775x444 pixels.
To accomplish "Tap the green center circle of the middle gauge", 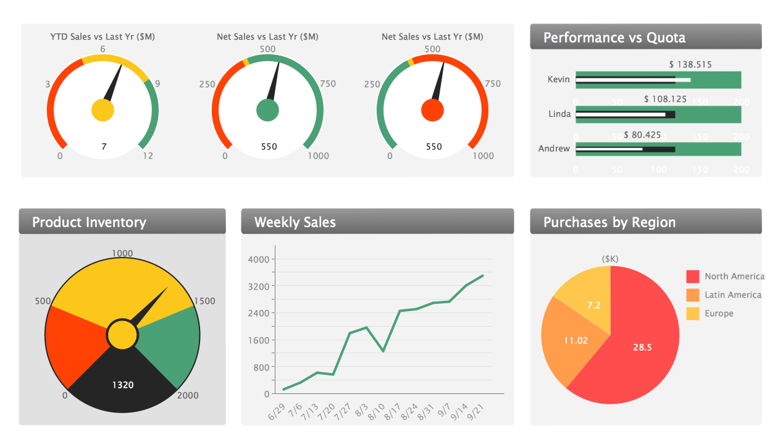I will pyautogui.click(x=267, y=110).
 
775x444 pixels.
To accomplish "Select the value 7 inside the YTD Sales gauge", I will pyautogui.click(x=104, y=146).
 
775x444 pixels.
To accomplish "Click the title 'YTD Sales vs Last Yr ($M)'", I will pyautogui.click(x=103, y=37).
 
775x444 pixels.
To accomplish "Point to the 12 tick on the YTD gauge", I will pyautogui.click(x=148, y=156).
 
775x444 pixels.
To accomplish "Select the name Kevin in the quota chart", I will pyautogui.click(x=558, y=79).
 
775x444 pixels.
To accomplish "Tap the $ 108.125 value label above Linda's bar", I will pyautogui.click(x=665, y=99).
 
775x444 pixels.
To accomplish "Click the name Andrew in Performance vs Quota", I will pyautogui.click(x=554, y=148).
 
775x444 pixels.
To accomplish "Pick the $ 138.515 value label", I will pyautogui.click(x=690, y=64).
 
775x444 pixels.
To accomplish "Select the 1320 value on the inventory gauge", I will pyautogui.click(x=122, y=385).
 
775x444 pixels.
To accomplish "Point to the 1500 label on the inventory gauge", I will pyautogui.click(x=204, y=301).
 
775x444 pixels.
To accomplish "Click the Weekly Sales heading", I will pyautogui.click(x=295, y=222).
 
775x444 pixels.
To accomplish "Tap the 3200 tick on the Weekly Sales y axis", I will pyautogui.click(x=258, y=286).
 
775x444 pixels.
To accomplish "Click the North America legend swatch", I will pyautogui.click(x=693, y=276).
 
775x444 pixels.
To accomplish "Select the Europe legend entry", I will pyautogui.click(x=719, y=313).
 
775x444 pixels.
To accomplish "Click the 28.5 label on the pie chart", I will pyautogui.click(x=642, y=347).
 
